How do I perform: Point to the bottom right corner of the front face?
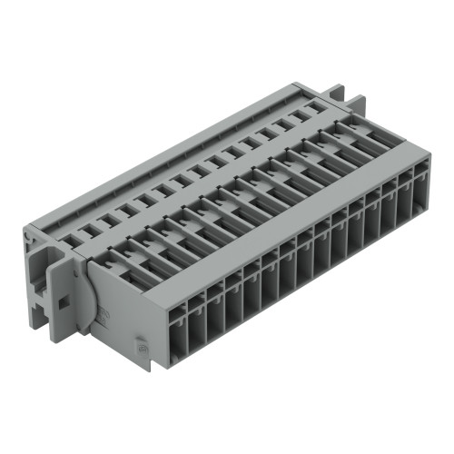[x=429, y=227]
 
